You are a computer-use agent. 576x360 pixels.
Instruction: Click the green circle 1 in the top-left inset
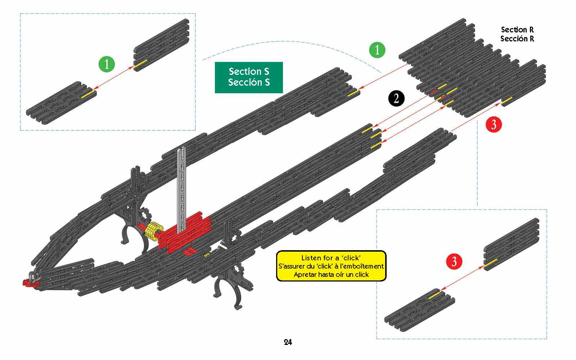click(107, 64)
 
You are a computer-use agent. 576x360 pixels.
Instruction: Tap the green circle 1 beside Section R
click(377, 50)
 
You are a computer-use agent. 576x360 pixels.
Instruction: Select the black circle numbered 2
click(396, 98)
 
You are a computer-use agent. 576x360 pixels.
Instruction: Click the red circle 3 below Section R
click(494, 125)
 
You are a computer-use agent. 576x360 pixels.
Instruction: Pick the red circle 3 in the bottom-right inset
click(454, 261)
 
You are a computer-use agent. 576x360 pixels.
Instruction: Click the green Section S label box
click(249, 77)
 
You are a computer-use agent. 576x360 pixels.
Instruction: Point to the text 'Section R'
click(517, 30)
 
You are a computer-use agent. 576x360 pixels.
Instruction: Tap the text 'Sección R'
click(517, 39)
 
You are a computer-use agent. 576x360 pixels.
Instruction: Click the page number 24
click(288, 342)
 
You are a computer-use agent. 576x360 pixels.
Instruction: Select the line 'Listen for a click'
click(331, 258)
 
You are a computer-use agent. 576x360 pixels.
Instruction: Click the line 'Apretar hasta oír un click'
click(331, 275)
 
